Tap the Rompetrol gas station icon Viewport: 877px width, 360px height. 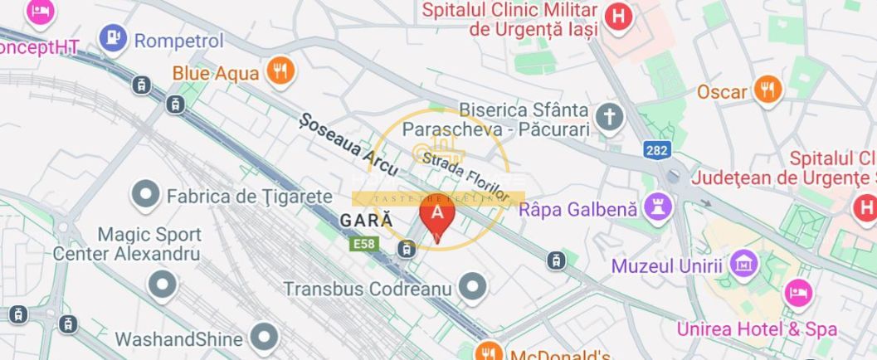click(113, 38)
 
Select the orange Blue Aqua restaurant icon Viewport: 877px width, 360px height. click(281, 72)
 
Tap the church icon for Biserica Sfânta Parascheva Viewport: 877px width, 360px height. click(610, 118)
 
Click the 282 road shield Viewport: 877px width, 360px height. click(655, 149)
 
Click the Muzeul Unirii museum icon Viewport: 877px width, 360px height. click(745, 265)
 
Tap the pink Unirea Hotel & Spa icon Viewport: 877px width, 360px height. click(797, 292)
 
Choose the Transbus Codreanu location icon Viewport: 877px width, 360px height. click(473, 287)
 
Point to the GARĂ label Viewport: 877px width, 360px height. click(366, 221)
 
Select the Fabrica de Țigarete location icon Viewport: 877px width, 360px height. click(146, 196)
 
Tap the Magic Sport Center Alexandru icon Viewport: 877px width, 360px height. click(163, 285)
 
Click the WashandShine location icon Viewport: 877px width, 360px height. click(265, 338)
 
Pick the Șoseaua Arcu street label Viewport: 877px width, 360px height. click(348, 144)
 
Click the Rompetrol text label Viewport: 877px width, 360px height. click(179, 40)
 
